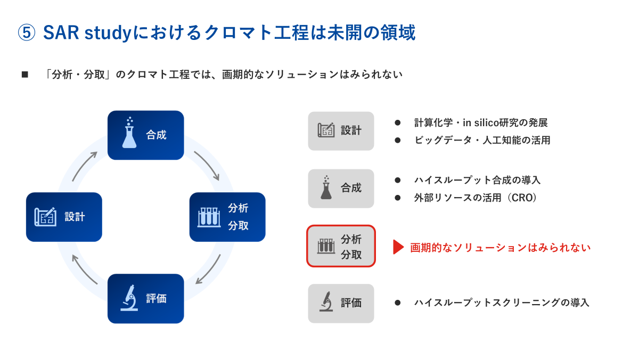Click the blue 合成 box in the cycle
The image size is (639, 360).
tap(145, 135)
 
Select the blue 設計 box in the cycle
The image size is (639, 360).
tap(64, 217)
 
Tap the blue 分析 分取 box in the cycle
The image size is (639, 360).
tap(227, 217)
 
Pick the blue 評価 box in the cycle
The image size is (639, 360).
tap(145, 298)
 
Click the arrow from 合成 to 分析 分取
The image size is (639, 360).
tap(207, 165)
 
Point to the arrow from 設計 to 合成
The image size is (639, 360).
tap(85, 166)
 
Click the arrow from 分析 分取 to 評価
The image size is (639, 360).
tap(208, 269)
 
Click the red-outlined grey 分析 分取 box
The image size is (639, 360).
tap(341, 246)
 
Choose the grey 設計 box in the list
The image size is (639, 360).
tap(341, 130)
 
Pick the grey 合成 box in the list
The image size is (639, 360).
tap(341, 188)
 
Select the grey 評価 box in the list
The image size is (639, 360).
tap(341, 303)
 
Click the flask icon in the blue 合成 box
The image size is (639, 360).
tap(129, 133)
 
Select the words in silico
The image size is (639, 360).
tap(484, 122)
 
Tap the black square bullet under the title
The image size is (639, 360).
tap(24, 75)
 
